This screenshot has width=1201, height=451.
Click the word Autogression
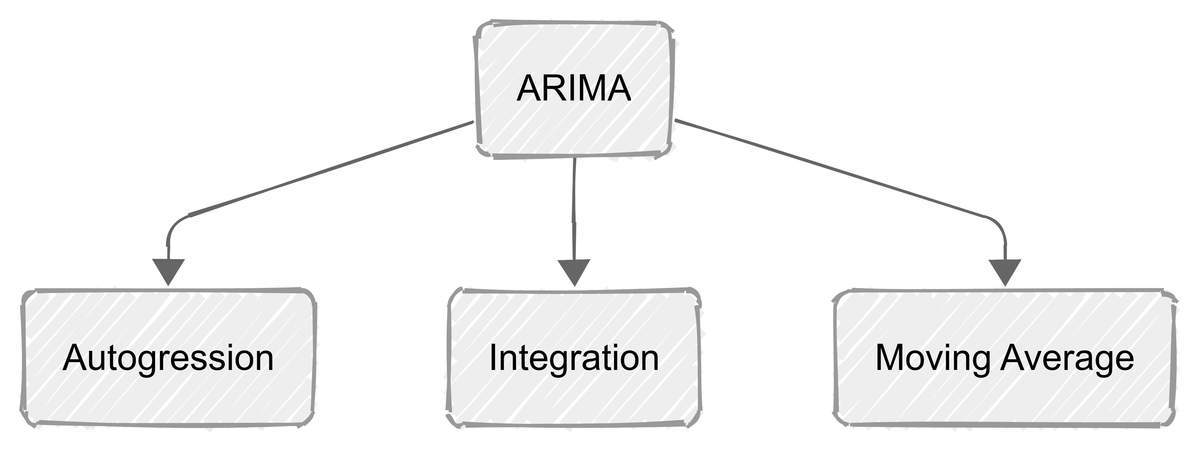click(x=168, y=358)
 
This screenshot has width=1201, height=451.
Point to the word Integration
click(x=574, y=358)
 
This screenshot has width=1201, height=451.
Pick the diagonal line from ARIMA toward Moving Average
click(x=830, y=169)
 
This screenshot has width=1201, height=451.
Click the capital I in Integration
click(x=492, y=358)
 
